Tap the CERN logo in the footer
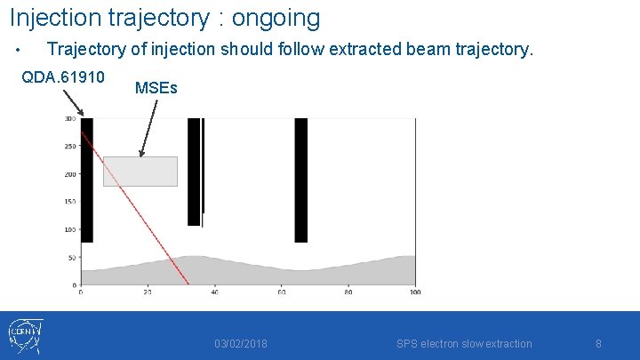click(25, 337)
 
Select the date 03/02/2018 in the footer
click(241, 344)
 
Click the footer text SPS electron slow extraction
click(464, 344)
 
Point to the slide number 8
click(598, 344)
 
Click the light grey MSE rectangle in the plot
click(140, 172)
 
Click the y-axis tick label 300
click(69, 119)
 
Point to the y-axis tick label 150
click(69, 202)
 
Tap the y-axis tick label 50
click(69, 258)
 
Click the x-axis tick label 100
click(414, 292)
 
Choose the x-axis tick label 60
click(281, 292)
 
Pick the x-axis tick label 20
click(148, 292)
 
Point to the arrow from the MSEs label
click(148, 128)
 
